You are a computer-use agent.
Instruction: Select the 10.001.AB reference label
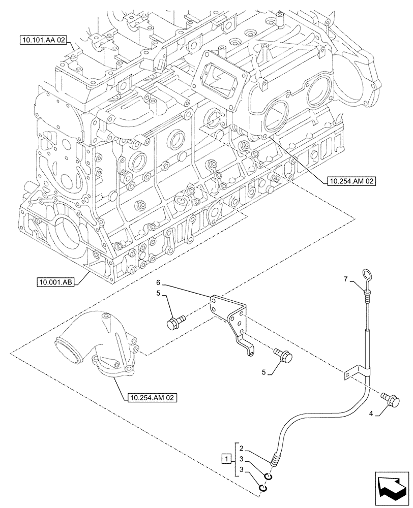pyautogui.click(x=56, y=281)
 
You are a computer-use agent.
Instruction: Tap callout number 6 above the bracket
pyautogui.click(x=158, y=282)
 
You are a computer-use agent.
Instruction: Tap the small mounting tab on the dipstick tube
pyautogui.click(x=348, y=375)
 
